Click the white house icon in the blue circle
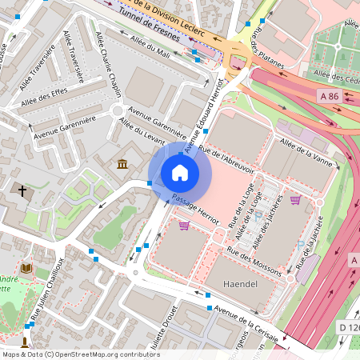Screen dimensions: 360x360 (180, 173)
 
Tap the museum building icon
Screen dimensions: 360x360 (122, 165)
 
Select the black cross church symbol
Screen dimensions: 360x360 (22, 191)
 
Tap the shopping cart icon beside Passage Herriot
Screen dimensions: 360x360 (185, 226)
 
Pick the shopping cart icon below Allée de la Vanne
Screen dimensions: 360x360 (295, 199)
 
